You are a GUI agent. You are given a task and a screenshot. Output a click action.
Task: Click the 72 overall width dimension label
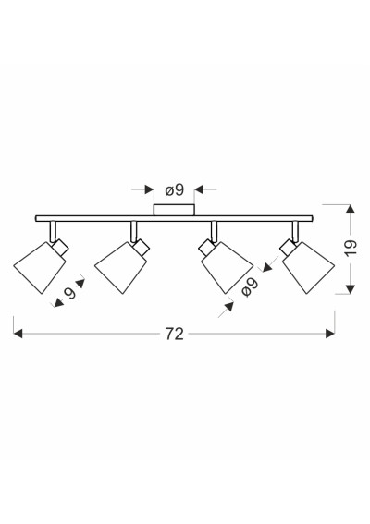click(174, 334)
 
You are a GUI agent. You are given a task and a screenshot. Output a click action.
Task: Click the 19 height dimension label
click(351, 248)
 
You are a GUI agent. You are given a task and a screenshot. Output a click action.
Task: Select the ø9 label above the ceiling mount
click(175, 190)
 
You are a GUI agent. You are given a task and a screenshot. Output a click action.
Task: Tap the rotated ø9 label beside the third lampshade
click(251, 287)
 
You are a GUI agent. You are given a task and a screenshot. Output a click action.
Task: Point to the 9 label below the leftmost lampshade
click(70, 293)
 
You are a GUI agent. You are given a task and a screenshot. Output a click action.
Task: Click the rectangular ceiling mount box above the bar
click(174, 210)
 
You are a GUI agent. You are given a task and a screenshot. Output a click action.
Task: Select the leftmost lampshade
click(40, 268)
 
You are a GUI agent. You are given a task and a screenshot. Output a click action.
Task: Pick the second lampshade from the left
click(121, 268)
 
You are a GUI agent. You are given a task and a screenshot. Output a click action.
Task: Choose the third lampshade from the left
click(228, 268)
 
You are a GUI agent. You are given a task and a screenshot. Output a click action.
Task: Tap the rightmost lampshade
click(308, 268)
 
